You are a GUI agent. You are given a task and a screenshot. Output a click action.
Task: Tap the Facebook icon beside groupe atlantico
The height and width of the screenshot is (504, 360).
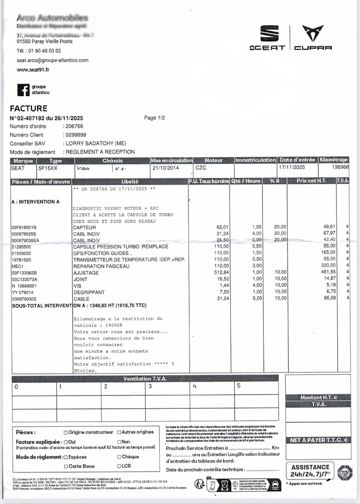[x=23, y=90]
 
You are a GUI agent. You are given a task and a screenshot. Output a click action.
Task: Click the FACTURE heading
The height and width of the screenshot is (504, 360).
[x=29, y=109]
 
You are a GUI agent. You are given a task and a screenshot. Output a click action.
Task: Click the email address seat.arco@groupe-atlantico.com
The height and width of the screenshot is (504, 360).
[x=53, y=60]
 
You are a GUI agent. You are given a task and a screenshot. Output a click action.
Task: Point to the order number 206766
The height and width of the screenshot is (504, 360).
[x=75, y=126]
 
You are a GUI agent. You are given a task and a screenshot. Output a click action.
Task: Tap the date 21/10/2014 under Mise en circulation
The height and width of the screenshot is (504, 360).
[x=166, y=168]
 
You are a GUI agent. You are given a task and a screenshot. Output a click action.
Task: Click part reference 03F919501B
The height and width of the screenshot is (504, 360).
[x=24, y=228]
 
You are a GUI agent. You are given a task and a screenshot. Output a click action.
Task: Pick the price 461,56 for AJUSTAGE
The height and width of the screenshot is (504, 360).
[x=329, y=272]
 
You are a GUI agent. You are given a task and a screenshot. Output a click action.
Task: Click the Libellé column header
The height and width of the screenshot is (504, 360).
[x=130, y=181]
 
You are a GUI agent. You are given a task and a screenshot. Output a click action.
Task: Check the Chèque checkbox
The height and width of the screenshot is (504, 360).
[x=119, y=457]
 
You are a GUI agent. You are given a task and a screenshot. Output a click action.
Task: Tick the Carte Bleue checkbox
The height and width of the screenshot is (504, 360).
[x=66, y=466]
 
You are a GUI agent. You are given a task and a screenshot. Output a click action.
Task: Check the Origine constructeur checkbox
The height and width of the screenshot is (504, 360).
[x=66, y=433]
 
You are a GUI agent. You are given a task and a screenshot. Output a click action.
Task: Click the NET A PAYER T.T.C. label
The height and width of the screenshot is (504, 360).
[x=318, y=440]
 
